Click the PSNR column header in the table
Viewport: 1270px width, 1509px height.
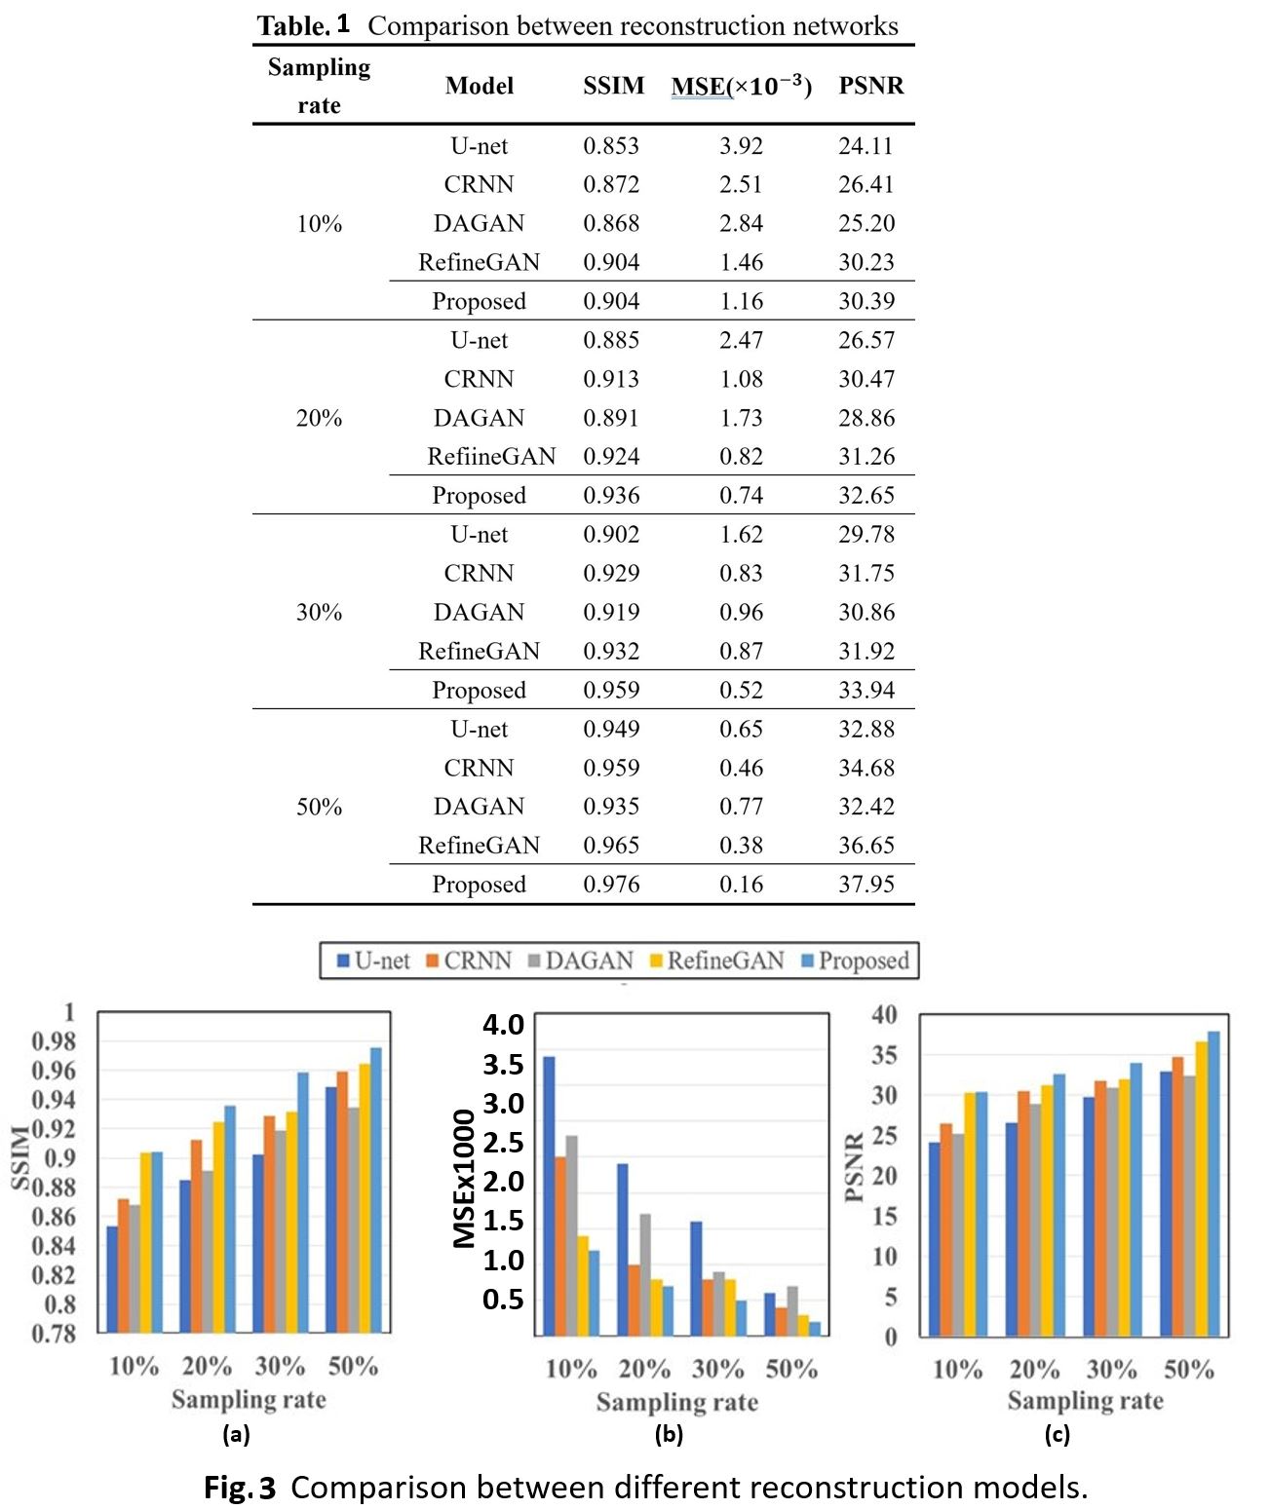coord(870,86)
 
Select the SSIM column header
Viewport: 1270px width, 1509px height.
coord(613,86)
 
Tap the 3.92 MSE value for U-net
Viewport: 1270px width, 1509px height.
coord(741,146)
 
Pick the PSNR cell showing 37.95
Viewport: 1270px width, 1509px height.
coord(866,885)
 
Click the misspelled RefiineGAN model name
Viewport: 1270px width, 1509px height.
coord(490,457)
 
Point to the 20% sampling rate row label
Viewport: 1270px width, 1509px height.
coord(319,418)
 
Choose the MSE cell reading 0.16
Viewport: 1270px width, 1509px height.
coord(741,885)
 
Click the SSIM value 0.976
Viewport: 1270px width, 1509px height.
coord(611,885)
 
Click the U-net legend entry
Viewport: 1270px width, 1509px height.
coord(373,961)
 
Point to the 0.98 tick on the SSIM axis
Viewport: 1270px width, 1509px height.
coord(53,1041)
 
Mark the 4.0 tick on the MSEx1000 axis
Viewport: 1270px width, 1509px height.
coord(503,1024)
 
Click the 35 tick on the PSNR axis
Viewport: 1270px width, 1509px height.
coord(884,1055)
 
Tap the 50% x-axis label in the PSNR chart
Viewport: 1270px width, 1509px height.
coord(1188,1370)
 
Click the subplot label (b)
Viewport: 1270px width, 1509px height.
coord(669,1434)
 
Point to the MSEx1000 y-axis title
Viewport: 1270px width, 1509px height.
coord(465,1179)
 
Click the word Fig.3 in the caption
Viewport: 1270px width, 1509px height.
coord(240,1488)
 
